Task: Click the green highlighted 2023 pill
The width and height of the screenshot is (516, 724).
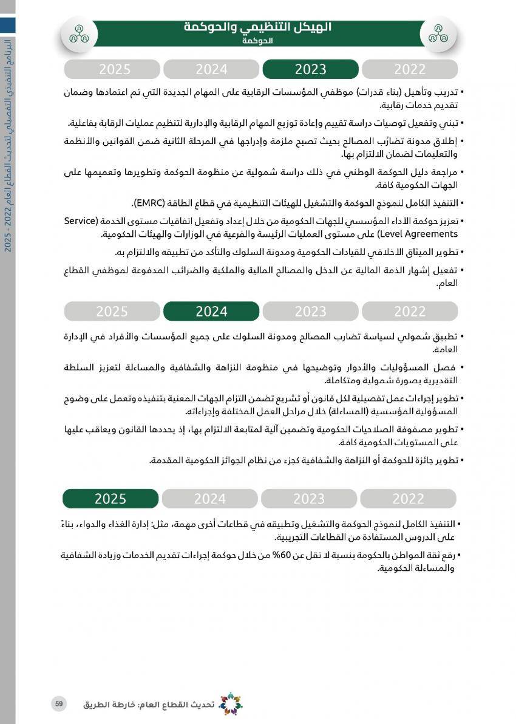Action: coord(310,69)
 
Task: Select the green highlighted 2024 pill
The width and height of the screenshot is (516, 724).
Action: coord(211,312)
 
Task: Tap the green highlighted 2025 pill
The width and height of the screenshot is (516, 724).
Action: coord(110,499)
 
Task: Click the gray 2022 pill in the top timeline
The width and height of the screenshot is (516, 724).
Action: coord(410,69)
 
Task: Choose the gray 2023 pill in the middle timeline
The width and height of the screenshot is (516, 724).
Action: coord(310,312)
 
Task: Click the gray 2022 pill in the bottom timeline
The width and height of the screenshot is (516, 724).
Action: coord(408,499)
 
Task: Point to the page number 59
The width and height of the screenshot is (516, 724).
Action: coord(59,704)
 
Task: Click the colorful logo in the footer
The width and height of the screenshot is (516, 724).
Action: coord(230,704)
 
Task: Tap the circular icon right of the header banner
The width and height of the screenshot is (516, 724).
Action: coord(438,34)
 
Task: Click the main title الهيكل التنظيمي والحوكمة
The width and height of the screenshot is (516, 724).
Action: coord(258,27)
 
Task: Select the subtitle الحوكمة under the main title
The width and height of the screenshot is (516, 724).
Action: coord(257,41)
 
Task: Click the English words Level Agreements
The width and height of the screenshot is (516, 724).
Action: coord(419,234)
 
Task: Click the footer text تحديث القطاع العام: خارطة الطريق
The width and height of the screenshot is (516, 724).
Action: coord(149,705)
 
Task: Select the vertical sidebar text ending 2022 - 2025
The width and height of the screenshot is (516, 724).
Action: coord(7,146)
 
